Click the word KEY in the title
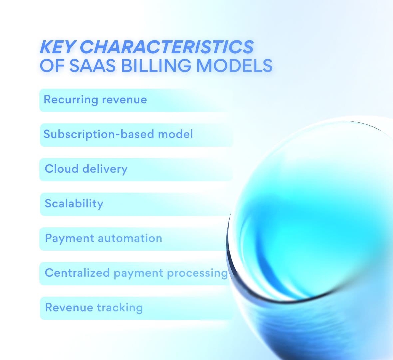[x=57, y=47]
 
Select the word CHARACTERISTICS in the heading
[x=167, y=47]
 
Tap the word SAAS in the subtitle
[x=92, y=65]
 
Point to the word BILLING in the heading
[x=156, y=65]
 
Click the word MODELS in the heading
[x=234, y=65]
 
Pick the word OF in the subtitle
[x=52, y=65]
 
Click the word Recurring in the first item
[x=71, y=100]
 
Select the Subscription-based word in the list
[x=99, y=134]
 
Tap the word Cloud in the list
[x=62, y=169]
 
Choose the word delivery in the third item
[x=105, y=169]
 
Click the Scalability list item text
[x=74, y=204]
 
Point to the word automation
[x=130, y=238]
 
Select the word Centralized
[x=77, y=273]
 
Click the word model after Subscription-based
[x=175, y=134]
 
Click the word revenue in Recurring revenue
[x=124, y=100]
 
